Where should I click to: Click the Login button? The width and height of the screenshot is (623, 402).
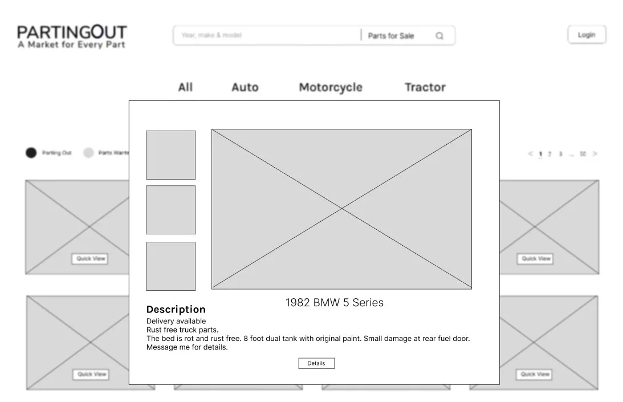(x=587, y=35)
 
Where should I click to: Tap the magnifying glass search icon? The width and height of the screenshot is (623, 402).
(x=439, y=36)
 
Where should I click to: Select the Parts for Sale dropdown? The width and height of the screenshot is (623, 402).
(x=391, y=36)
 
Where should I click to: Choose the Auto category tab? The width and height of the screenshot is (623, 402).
(x=245, y=87)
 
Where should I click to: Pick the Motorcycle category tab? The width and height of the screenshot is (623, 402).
(x=331, y=87)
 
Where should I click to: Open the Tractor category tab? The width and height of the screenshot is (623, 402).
(x=425, y=87)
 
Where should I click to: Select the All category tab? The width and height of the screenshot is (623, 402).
(x=185, y=87)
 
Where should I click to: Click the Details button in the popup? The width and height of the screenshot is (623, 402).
(x=316, y=363)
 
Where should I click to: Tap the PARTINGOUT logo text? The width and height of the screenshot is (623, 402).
(x=72, y=32)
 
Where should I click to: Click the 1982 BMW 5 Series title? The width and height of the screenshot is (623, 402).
(x=335, y=303)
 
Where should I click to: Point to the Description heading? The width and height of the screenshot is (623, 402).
(x=176, y=310)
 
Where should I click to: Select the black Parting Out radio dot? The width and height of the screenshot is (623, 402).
(x=31, y=153)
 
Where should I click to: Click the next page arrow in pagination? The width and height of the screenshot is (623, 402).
(x=595, y=153)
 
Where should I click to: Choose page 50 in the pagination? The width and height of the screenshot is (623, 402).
(x=583, y=154)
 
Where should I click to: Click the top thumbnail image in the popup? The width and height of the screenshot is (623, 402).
(x=170, y=155)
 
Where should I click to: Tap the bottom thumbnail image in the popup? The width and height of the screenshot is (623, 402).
(x=170, y=266)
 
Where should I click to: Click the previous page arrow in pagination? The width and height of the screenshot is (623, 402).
(x=531, y=153)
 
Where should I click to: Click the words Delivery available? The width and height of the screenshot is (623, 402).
(x=176, y=322)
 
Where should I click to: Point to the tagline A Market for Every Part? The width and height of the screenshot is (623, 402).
(x=71, y=44)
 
